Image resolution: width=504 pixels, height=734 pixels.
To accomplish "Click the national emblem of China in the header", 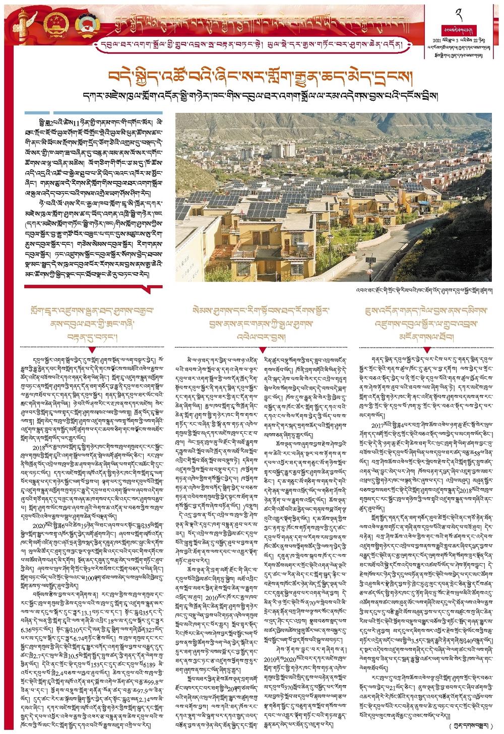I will [54, 24].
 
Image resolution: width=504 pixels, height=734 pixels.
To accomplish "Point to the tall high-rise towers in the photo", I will [283, 150].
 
